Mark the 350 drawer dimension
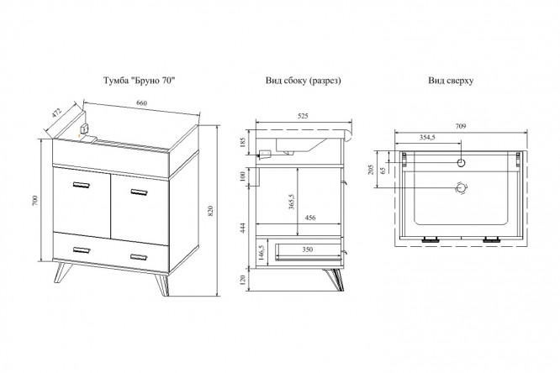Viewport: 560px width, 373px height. (x=309, y=250)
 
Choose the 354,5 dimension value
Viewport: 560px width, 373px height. (x=429, y=138)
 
